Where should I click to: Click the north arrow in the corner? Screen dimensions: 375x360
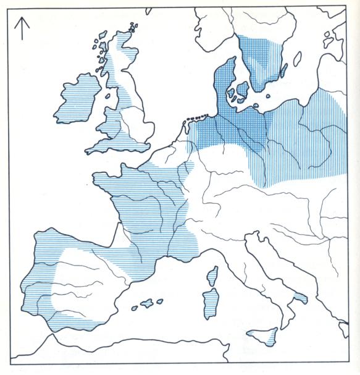pyautogui.click(x=22, y=28)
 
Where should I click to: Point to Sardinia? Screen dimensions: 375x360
pyautogui.click(x=211, y=304)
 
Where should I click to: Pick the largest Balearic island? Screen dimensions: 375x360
pyautogui.click(x=148, y=303)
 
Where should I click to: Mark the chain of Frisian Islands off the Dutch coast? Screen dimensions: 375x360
pyautogui.click(x=196, y=116)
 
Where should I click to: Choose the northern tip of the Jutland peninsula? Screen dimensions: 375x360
pyautogui.click(x=232, y=59)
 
